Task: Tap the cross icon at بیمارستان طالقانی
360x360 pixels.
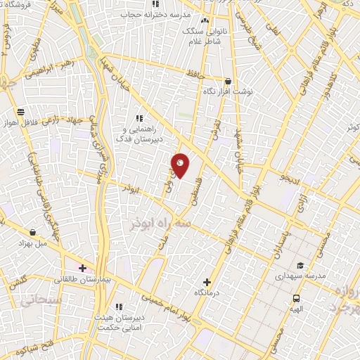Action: tap(83, 268)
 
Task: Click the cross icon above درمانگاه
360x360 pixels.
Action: tap(206, 281)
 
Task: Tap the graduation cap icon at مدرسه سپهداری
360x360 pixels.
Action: tap(300, 266)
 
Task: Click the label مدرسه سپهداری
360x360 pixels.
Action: tap(300, 276)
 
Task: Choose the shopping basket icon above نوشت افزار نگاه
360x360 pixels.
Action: tap(229, 82)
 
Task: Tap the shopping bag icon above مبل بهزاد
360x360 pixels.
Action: tap(33, 232)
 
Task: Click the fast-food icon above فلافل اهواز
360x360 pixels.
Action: tap(20, 112)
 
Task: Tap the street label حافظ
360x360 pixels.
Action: tap(195, 72)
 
